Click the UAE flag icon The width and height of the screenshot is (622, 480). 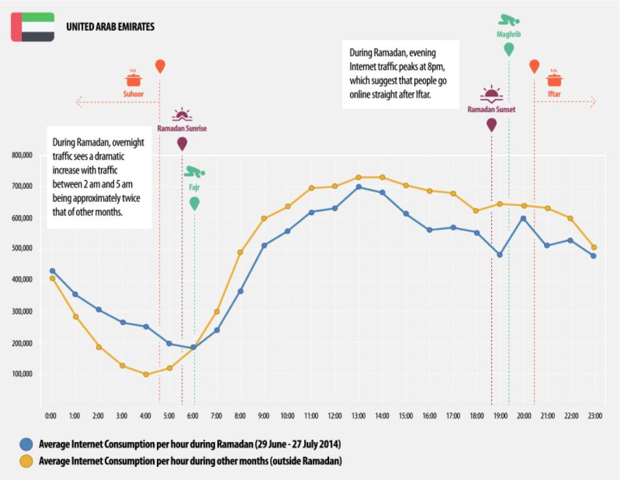pyautogui.click(x=33, y=27)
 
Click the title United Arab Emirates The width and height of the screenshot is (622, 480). pyautogui.click(x=110, y=28)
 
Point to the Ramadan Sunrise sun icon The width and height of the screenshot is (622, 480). pyautogui.click(x=182, y=115)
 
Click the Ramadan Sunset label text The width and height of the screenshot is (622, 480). pyautogui.click(x=491, y=110)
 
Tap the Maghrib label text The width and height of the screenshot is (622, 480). pyautogui.click(x=508, y=32)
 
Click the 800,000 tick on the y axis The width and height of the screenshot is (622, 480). pyautogui.click(x=22, y=155)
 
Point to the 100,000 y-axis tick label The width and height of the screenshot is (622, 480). pyautogui.click(x=22, y=374)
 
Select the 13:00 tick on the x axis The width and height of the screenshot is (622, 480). pyautogui.click(x=359, y=416)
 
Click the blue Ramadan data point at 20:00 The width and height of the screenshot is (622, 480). pyautogui.click(x=523, y=218)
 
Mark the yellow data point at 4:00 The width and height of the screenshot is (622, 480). pyautogui.click(x=146, y=374)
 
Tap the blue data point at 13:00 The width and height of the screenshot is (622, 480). pyautogui.click(x=359, y=187)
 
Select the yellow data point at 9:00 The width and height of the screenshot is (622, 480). pyautogui.click(x=264, y=218)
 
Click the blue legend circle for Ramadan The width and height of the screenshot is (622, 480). pyautogui.click(x=25, y=443)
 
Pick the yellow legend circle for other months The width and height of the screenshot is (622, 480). pyautogui.click(x=25, y=461)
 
